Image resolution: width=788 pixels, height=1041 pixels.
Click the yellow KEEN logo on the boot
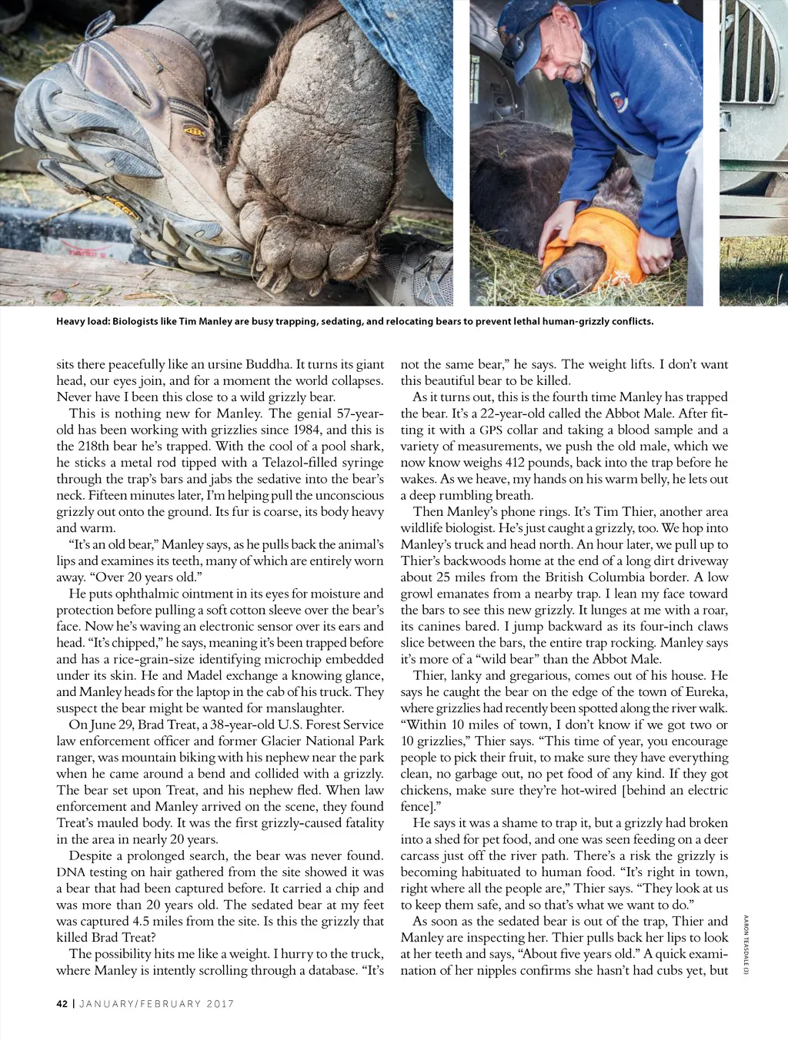tap(194, 132)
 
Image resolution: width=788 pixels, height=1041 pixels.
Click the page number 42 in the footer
tap(62, 1003)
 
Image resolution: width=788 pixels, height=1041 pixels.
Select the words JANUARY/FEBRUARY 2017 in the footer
tap(157, 1003)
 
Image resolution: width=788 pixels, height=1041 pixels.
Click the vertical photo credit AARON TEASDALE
tap(745, 944)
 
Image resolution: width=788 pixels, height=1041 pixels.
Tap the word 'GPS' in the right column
tap(491, 430)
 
